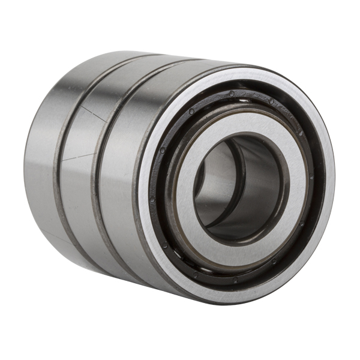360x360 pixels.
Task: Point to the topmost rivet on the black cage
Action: (232, 94)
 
